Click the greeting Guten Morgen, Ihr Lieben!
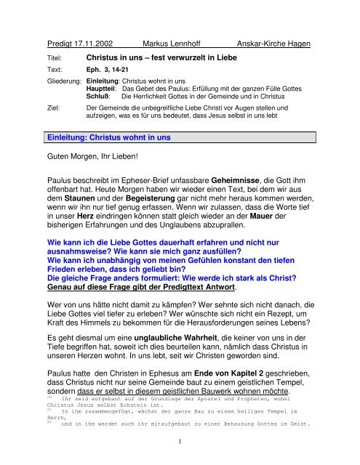point(99,155)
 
